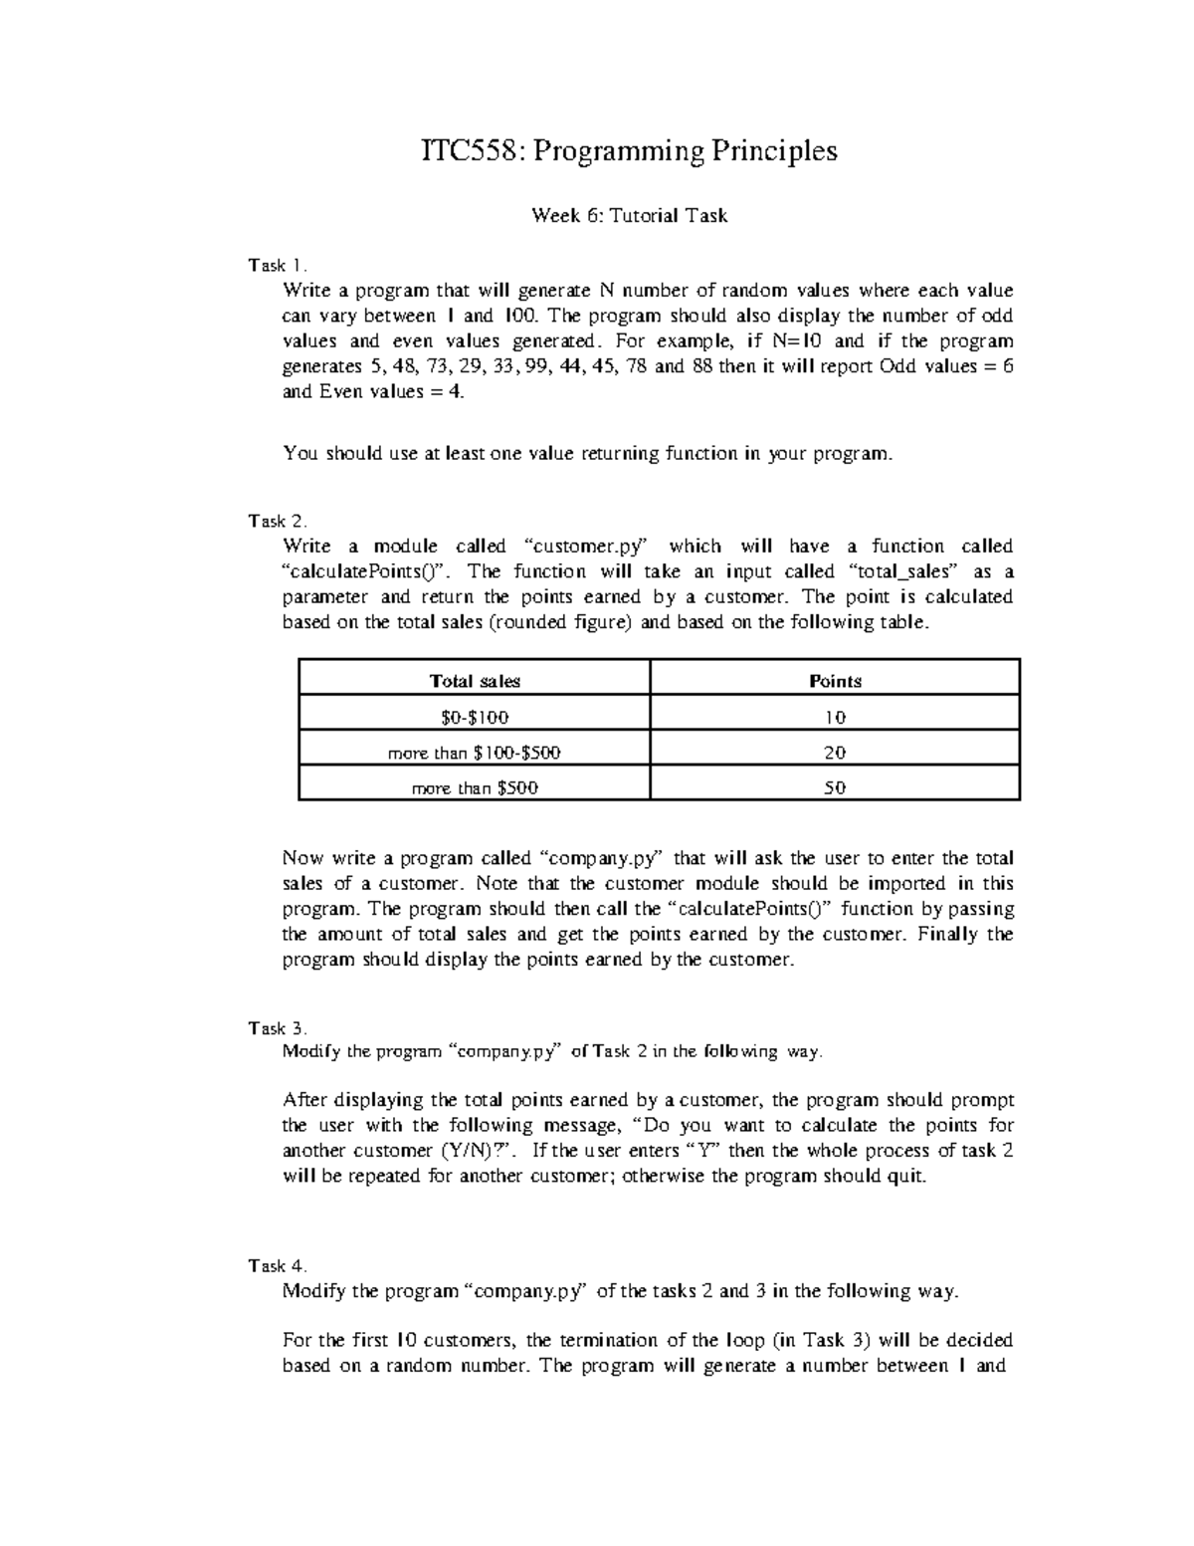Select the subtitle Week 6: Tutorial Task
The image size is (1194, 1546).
pos(629,215)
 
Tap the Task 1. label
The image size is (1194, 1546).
pos(278,266)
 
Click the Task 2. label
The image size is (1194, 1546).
pos(278,521)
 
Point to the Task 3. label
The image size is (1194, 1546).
pos(278,1027)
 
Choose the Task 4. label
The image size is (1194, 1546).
pos(278,1265)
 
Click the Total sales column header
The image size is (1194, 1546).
pos(475,681)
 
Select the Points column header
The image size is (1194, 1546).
pos(835,681)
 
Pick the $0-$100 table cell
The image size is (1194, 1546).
pos(475,717)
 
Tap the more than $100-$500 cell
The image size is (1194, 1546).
pos(475,753)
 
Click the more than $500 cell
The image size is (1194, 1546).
pos(475,787)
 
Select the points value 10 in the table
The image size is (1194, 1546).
pos(835,717)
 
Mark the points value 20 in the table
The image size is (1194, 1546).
pos(835,753)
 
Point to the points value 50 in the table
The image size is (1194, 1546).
pos(835,787)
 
